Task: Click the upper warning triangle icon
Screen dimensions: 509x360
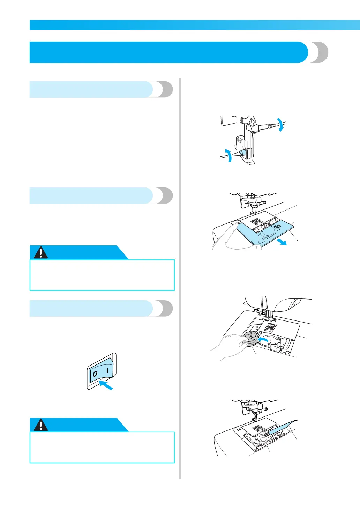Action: (41, 252)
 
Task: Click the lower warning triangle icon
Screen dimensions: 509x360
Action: (41, 425)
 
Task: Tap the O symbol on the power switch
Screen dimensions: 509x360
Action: (95, 374)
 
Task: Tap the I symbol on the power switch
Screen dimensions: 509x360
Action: (108, 370)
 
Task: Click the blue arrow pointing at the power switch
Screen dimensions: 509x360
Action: (106, 385)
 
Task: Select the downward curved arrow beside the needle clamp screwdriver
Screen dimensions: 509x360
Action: (280, 125)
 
